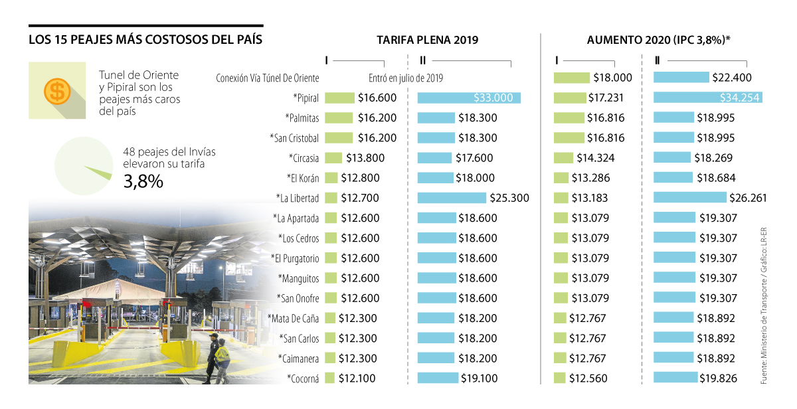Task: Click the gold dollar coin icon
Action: [x=58, y=90]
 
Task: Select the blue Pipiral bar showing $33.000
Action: [x=468, y=98]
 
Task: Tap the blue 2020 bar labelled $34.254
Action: [x=707, y=98]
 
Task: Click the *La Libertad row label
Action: [x=298, y=198]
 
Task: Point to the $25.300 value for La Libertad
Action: [x=508, y=198]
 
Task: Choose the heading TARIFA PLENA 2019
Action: [x=427, y=40]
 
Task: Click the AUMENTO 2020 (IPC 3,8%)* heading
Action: [x=658, y=40]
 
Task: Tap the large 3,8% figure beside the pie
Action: [x=143, y=181]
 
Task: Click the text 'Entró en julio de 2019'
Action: [x=406, y=78]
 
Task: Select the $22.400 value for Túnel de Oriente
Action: [x=731, y=78]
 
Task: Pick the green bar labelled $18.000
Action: [x=571, y=78]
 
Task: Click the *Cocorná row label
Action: [x=303, y=378]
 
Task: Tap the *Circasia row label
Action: [x=304, y=158]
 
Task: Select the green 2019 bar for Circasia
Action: [x=334, y=158]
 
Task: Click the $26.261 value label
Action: [x=749, y=198]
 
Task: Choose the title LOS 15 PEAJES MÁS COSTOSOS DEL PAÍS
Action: [x=145, y=40]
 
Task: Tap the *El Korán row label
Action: [x=303, y=178]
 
